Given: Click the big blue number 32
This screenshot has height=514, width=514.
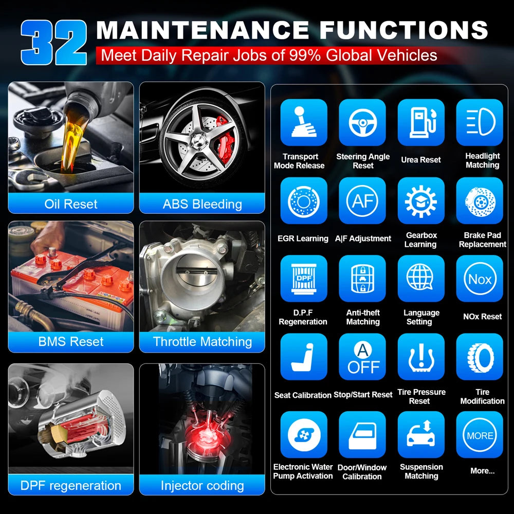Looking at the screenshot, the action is tap(54, 42).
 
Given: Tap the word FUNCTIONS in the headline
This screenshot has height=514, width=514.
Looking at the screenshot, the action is tap(404, 30).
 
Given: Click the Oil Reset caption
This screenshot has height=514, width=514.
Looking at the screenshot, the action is tap(71, 204).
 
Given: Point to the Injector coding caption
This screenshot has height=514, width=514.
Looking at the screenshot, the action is tap(202, 486).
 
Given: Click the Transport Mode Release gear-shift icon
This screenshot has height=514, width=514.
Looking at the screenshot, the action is tap(304, 122).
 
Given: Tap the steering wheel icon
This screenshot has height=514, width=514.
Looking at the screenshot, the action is tap(362, 122).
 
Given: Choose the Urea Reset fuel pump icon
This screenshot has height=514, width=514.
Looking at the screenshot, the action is tap(421, 122).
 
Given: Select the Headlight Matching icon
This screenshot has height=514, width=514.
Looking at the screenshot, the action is tap(480, 122).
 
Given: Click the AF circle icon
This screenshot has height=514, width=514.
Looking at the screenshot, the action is tap(362, 200).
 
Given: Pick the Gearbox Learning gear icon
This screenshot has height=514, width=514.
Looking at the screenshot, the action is tap(421, 200).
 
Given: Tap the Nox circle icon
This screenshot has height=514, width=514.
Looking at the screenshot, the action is tap(480, 279).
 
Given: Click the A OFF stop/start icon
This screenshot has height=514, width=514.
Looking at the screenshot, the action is tap(362, 357).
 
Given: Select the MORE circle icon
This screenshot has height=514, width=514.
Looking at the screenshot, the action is tap(480, 435).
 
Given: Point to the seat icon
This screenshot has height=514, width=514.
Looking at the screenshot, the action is tap(304, 357).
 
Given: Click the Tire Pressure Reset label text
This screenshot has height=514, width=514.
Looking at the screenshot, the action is tap(421, 396).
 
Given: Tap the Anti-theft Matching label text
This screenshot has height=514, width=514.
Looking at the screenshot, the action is tap(363, 317).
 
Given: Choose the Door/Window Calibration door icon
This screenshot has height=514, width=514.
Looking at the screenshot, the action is tap(362, 435).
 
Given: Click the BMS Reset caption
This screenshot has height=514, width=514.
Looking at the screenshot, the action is tap(71, 342).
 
